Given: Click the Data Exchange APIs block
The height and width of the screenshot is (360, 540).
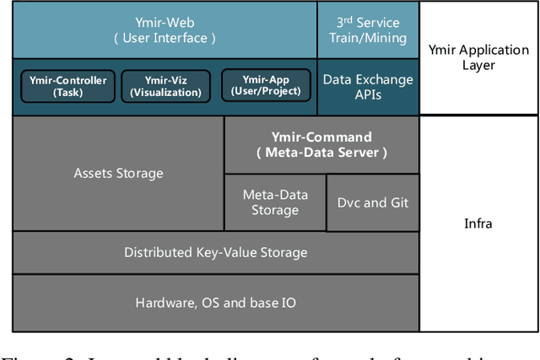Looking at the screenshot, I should pyautogui.click(x=368, y=87).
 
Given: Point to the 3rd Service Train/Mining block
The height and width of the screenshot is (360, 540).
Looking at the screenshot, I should pyautogui.click(x=368, y=30).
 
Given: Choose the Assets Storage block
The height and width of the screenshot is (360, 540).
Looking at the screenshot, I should pyautogui.click(x=118, y=174).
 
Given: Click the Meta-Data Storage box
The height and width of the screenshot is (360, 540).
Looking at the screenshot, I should pyautogui.click(x=274, y=202).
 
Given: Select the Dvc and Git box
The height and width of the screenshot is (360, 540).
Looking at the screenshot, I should pyautogui.click(x=372, y=202).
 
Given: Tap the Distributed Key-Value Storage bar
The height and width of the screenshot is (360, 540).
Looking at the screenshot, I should pyautogui.click(x=215, y=252).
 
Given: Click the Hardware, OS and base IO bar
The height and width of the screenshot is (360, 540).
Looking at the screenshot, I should pyautogui.click(x=215, y=303).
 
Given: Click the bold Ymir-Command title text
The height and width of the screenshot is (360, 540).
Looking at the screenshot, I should pyautogui.click(x=321, y=137).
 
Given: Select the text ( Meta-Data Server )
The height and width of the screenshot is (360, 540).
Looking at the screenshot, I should pyautogui.click(x=321, y=153).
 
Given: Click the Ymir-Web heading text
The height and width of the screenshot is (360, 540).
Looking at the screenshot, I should pyautogui.click(x=165, y=22).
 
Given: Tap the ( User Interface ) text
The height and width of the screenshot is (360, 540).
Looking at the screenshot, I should pyautogui.click(x=165, y=38).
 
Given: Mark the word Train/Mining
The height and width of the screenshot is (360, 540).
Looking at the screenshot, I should pyautogui.click(x=368, y=38).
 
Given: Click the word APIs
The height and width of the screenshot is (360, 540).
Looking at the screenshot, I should pyautogui.click(x=368, y=95).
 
